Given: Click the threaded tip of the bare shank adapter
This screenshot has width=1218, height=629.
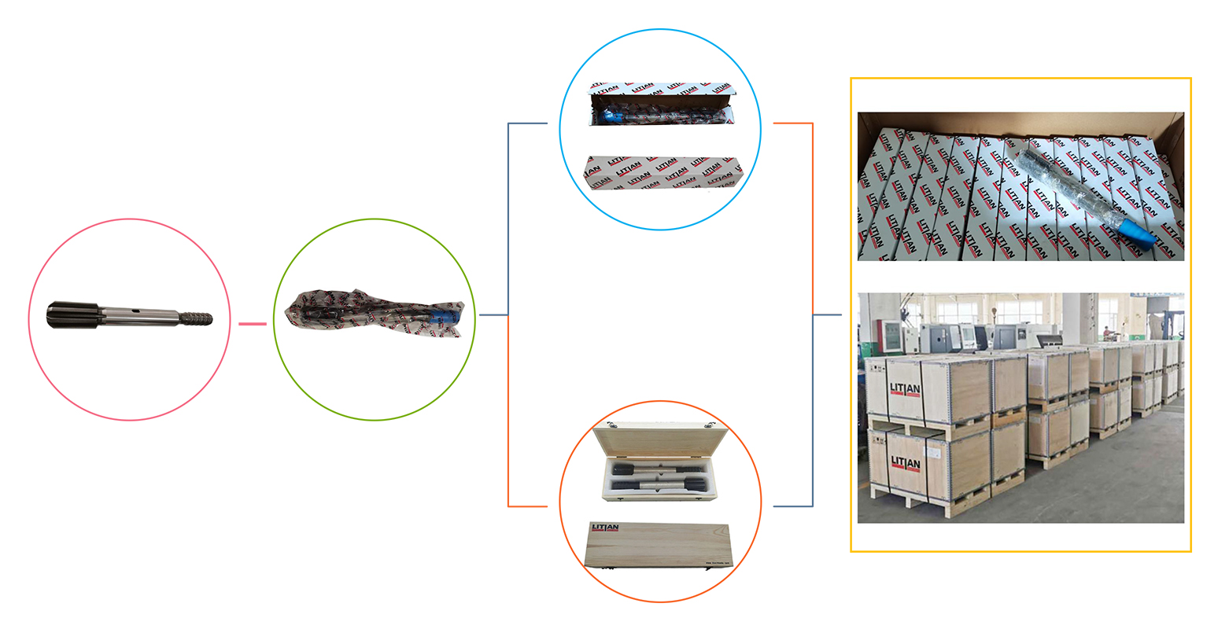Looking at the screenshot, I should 197,318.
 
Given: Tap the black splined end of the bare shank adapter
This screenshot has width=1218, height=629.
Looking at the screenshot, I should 72,316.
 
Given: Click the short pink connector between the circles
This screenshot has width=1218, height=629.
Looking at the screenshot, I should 253,323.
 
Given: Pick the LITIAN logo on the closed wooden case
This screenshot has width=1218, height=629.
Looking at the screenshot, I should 605,528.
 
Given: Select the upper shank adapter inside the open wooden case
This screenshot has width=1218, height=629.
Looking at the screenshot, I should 653,469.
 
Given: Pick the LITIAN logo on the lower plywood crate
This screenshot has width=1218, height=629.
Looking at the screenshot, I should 905,463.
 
